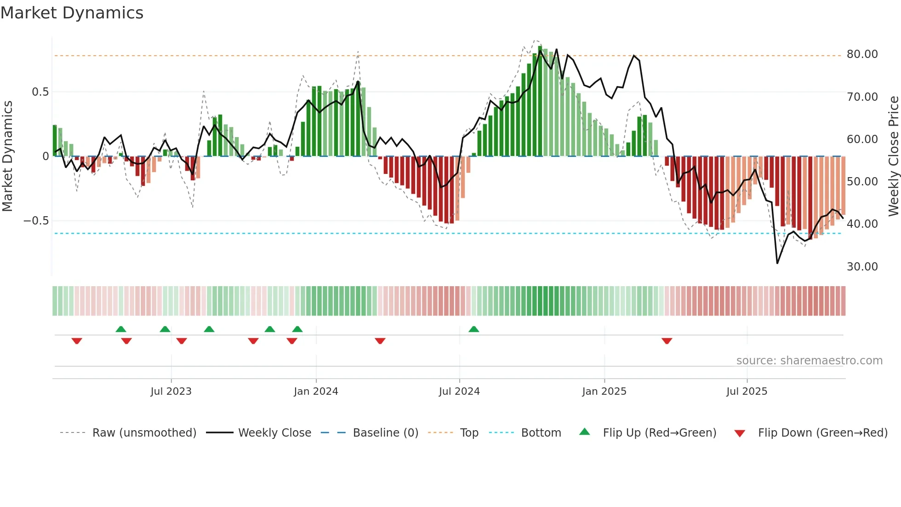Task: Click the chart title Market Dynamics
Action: [72, 13]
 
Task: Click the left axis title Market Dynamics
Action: [7, 156]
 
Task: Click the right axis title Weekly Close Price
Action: [893, 156]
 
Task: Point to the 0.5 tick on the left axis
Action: [40, 92]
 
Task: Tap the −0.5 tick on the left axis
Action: [36, 221]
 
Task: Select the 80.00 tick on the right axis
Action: [862, 54]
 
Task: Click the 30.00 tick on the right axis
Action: [862, 267]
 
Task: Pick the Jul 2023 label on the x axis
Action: [171, 392]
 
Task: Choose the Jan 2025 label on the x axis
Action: [604, 392]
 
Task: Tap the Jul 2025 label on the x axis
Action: [747, 392]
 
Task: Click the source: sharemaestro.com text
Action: [809, 361]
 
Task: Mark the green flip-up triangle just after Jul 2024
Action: [474, 329]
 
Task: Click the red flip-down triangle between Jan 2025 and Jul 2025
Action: [667, 341]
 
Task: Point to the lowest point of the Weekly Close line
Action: [777, 263]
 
